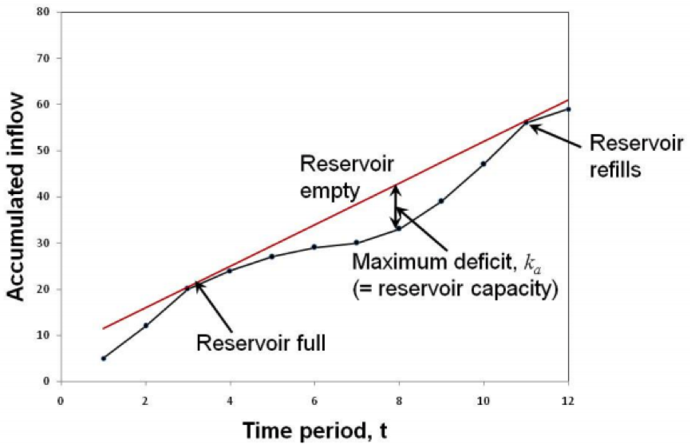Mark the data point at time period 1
[103, 358]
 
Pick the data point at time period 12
[568, 109]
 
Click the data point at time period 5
[272, 256]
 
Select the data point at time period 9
[441, 200]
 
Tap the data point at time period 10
[484, 164]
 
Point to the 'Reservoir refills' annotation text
[636, 157]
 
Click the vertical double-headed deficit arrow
[395, 207]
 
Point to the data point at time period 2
[145, 325]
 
